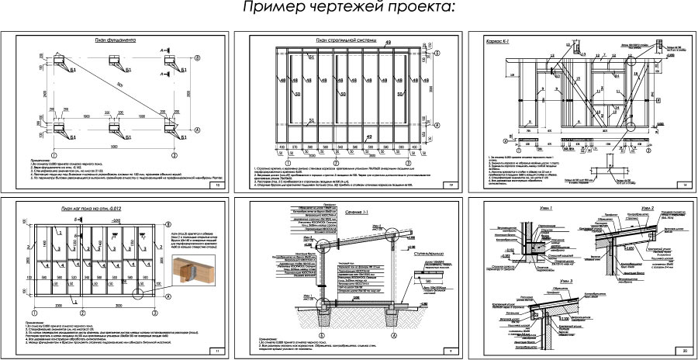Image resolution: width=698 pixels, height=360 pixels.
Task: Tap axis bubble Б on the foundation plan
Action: [197, 58]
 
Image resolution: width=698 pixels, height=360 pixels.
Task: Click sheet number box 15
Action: [218, 187]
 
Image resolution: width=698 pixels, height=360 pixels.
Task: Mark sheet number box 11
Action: [218, 352]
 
